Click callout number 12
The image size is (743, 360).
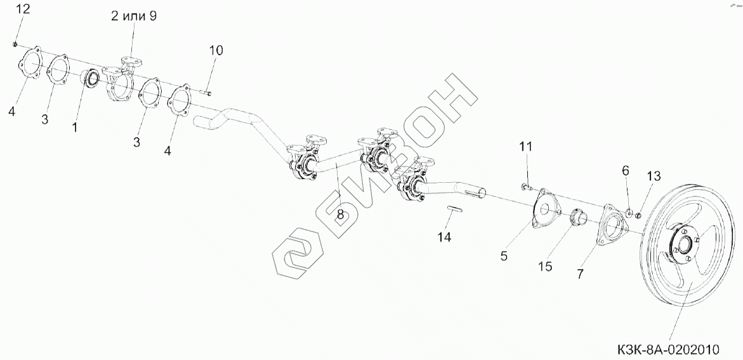tap(22, 10)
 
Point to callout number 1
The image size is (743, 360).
tap(75, 127)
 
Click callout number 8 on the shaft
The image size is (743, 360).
tap(340, 215)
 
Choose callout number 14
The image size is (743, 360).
tap(444, 237)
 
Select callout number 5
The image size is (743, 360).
tap(504, 256)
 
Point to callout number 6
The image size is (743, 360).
tap(625, 170)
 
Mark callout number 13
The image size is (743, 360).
tap(654, 176)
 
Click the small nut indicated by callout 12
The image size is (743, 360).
tap(15, 44)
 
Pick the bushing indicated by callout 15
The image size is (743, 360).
tap(579, 217)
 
